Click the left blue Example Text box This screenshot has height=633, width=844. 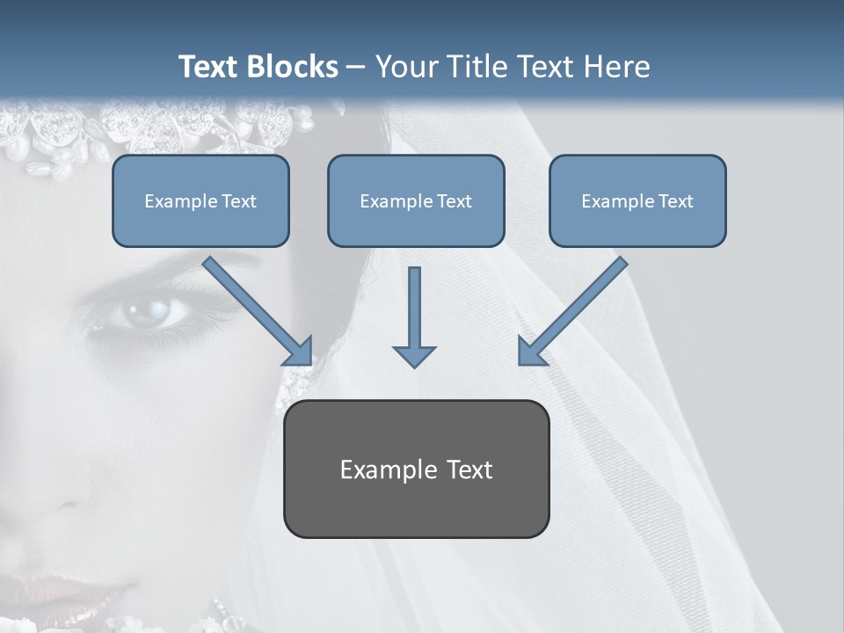coord(200,200)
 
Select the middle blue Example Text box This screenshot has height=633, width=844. coord(416,200)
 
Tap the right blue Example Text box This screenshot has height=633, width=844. coord(637,200)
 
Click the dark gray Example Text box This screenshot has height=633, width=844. coord(416,469)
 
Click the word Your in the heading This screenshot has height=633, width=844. coord(406,67)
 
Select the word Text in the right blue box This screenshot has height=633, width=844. coord(675,200)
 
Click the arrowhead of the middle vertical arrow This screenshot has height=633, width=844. coord(414,355)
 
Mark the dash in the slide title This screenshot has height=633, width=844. coord(356,68)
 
